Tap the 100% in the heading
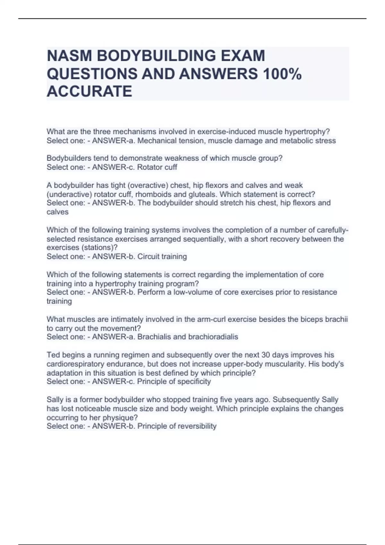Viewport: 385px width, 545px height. pos(282,74)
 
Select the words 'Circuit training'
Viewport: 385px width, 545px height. pos(162,256)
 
